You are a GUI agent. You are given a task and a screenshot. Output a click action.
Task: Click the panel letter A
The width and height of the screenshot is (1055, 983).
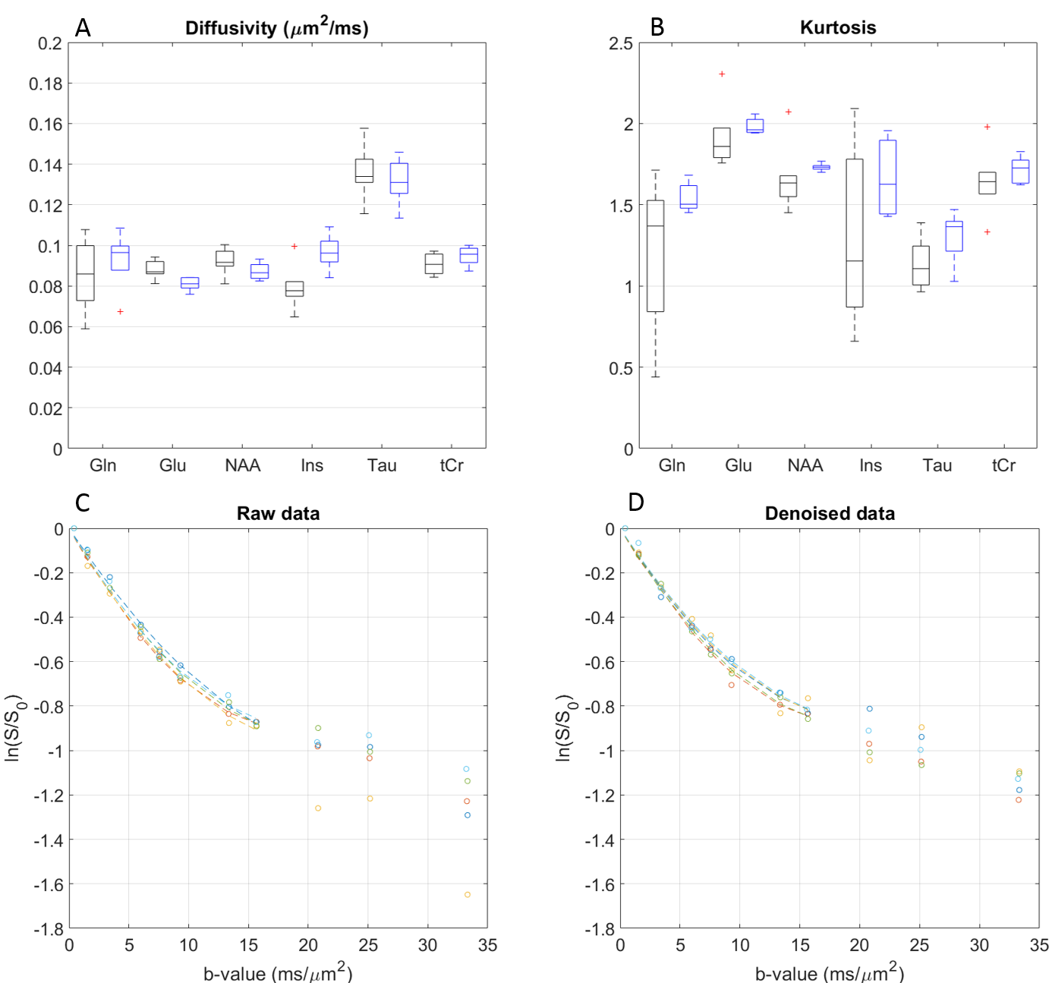pyautogui.click(x=83, y=28)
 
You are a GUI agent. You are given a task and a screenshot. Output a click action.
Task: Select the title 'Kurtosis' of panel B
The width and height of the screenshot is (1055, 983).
pyautogui.click(x=838, y=28)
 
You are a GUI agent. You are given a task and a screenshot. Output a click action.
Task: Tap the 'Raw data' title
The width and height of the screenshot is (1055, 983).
pyautogui.click(x=278, y=514)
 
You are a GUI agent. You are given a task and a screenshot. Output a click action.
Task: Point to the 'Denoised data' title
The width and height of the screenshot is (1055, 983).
pyautogui.click(x=830, y=514)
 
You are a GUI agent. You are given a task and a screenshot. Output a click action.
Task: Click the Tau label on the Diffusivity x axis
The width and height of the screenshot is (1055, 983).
pyautogui.click(x=382, y=465)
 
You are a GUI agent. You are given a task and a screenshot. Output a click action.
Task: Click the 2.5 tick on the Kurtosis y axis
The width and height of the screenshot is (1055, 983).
pyautogui.click(x=620, y=43)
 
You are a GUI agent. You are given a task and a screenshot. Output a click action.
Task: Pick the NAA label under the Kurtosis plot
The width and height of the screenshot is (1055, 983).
pyautogui.click(x=805, y=465)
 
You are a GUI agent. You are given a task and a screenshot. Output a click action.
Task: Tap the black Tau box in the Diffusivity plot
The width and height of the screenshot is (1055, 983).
pyautogui.click(x=364, y=171)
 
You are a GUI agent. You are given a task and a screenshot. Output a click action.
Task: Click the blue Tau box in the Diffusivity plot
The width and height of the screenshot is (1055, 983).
pyautogui.click(x=399, y=178)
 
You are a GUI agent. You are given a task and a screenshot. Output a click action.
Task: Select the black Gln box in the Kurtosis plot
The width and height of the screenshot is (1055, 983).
pyautogui.click(x=655, y=256)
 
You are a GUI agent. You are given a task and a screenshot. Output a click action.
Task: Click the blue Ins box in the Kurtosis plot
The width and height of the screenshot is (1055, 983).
pyautogui.click(x=887, y=177)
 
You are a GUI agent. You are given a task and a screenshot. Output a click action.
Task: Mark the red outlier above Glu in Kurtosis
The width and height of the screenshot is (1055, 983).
pyautogui.click(x=722, y=74)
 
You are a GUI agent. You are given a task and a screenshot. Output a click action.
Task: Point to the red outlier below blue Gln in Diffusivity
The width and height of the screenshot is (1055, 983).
pyautogui.click(x=120, y=312)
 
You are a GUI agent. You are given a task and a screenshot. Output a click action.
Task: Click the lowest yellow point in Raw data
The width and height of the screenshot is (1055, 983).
pyautogui.click(x=468, y=895)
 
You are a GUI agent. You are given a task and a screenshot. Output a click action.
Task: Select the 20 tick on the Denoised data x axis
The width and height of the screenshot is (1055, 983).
pyautogui.click(x=859, y=945)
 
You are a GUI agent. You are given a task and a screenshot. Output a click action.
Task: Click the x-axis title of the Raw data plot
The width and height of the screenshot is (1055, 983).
pyautogui.click(x=278, y=972)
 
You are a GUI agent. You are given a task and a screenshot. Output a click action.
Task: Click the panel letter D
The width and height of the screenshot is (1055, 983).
pyautogui.click(x=636, y=503)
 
